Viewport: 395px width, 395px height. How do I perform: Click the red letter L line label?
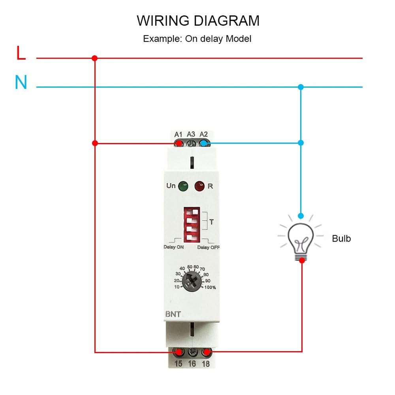click(x=21, y=54)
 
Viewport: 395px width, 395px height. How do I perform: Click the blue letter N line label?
click(x=21, y=83)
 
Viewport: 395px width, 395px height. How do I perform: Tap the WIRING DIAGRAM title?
click(x=198, y=21)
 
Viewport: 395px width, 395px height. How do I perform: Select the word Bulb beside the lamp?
click(x=341, y=239)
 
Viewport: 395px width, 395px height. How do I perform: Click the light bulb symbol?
click(x=301, y=239)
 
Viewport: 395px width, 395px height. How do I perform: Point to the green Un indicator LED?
click(x=182, y=185)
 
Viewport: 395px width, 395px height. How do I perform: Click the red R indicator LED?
click(x=199, y=185)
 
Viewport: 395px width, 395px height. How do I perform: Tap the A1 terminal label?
click(x=178, y=134)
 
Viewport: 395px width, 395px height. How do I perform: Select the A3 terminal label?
click(x=191, y=134)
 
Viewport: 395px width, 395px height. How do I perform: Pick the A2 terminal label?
click(x=204, y=134)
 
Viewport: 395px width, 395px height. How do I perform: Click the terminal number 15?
click(x=179, y=363)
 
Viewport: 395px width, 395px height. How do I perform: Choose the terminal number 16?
click(x=192, y=363)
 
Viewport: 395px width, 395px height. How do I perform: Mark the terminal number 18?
click(x=205, y=363)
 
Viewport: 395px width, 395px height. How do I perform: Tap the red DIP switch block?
click(x=192, y=224)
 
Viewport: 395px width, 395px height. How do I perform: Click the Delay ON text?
click(x=174, y=248)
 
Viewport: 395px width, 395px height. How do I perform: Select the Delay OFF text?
click(x=209, y=248)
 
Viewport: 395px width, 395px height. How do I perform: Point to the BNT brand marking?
click(x=173, y=315)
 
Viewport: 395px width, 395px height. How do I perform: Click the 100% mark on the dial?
click(x=210, y=287)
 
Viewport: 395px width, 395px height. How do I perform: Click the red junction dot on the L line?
click(x=94, y=58)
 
